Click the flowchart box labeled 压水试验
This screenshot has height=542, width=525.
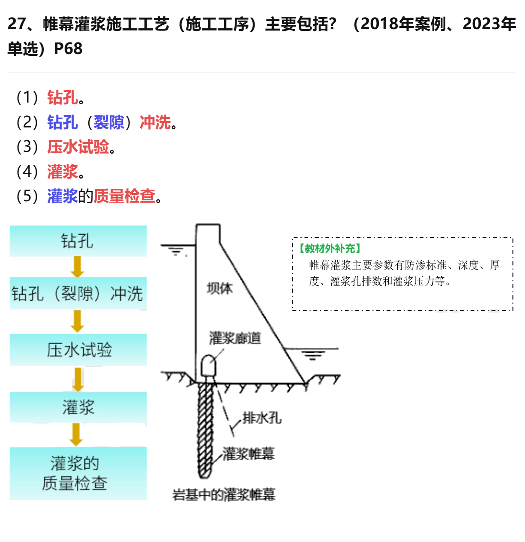pyautogui.click(x=78, y=350)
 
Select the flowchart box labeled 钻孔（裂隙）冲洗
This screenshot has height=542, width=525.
pyautogui.click(x=78, y=293)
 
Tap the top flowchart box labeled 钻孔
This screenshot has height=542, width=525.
pyautogui.click(x=78, y=241)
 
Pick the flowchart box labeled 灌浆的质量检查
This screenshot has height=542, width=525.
pyautogui.click(x=78, y=473)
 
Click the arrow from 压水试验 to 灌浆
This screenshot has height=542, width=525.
pyautogui.click(x=78, y=380)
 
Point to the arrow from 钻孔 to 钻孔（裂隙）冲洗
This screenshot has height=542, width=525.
pyautogui.click(x=77, y=266)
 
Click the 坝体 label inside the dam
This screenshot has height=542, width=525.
pyautogui.click(x=219, y=288)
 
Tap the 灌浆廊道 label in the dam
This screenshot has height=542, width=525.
pyautogui.click(x=235, y=338)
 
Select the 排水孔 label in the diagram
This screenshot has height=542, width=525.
pyautogui.click(x=262, y=418)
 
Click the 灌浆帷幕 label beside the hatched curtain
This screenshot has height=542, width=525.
pyautogui.click(x=249, y=454)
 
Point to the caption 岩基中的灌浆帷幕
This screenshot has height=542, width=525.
pyautogui.click(x=224, y=494)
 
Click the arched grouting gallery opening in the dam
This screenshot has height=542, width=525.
pyautogui.click(x=208, y=366)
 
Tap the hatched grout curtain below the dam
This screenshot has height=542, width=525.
pyautogui.click(x=206, y=430)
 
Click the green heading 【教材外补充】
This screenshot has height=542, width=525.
pyautogui.click(x=330, y=248)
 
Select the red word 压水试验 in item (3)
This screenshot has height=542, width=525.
pyautogui.click(x=78, y=147)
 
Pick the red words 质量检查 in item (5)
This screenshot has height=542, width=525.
pyautogui.click(x=124, y=196)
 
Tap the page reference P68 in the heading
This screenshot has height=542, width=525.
pyautogui.click(x=68, y=49)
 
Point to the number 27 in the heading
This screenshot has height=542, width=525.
pyautogui.click(x=17, y=24)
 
